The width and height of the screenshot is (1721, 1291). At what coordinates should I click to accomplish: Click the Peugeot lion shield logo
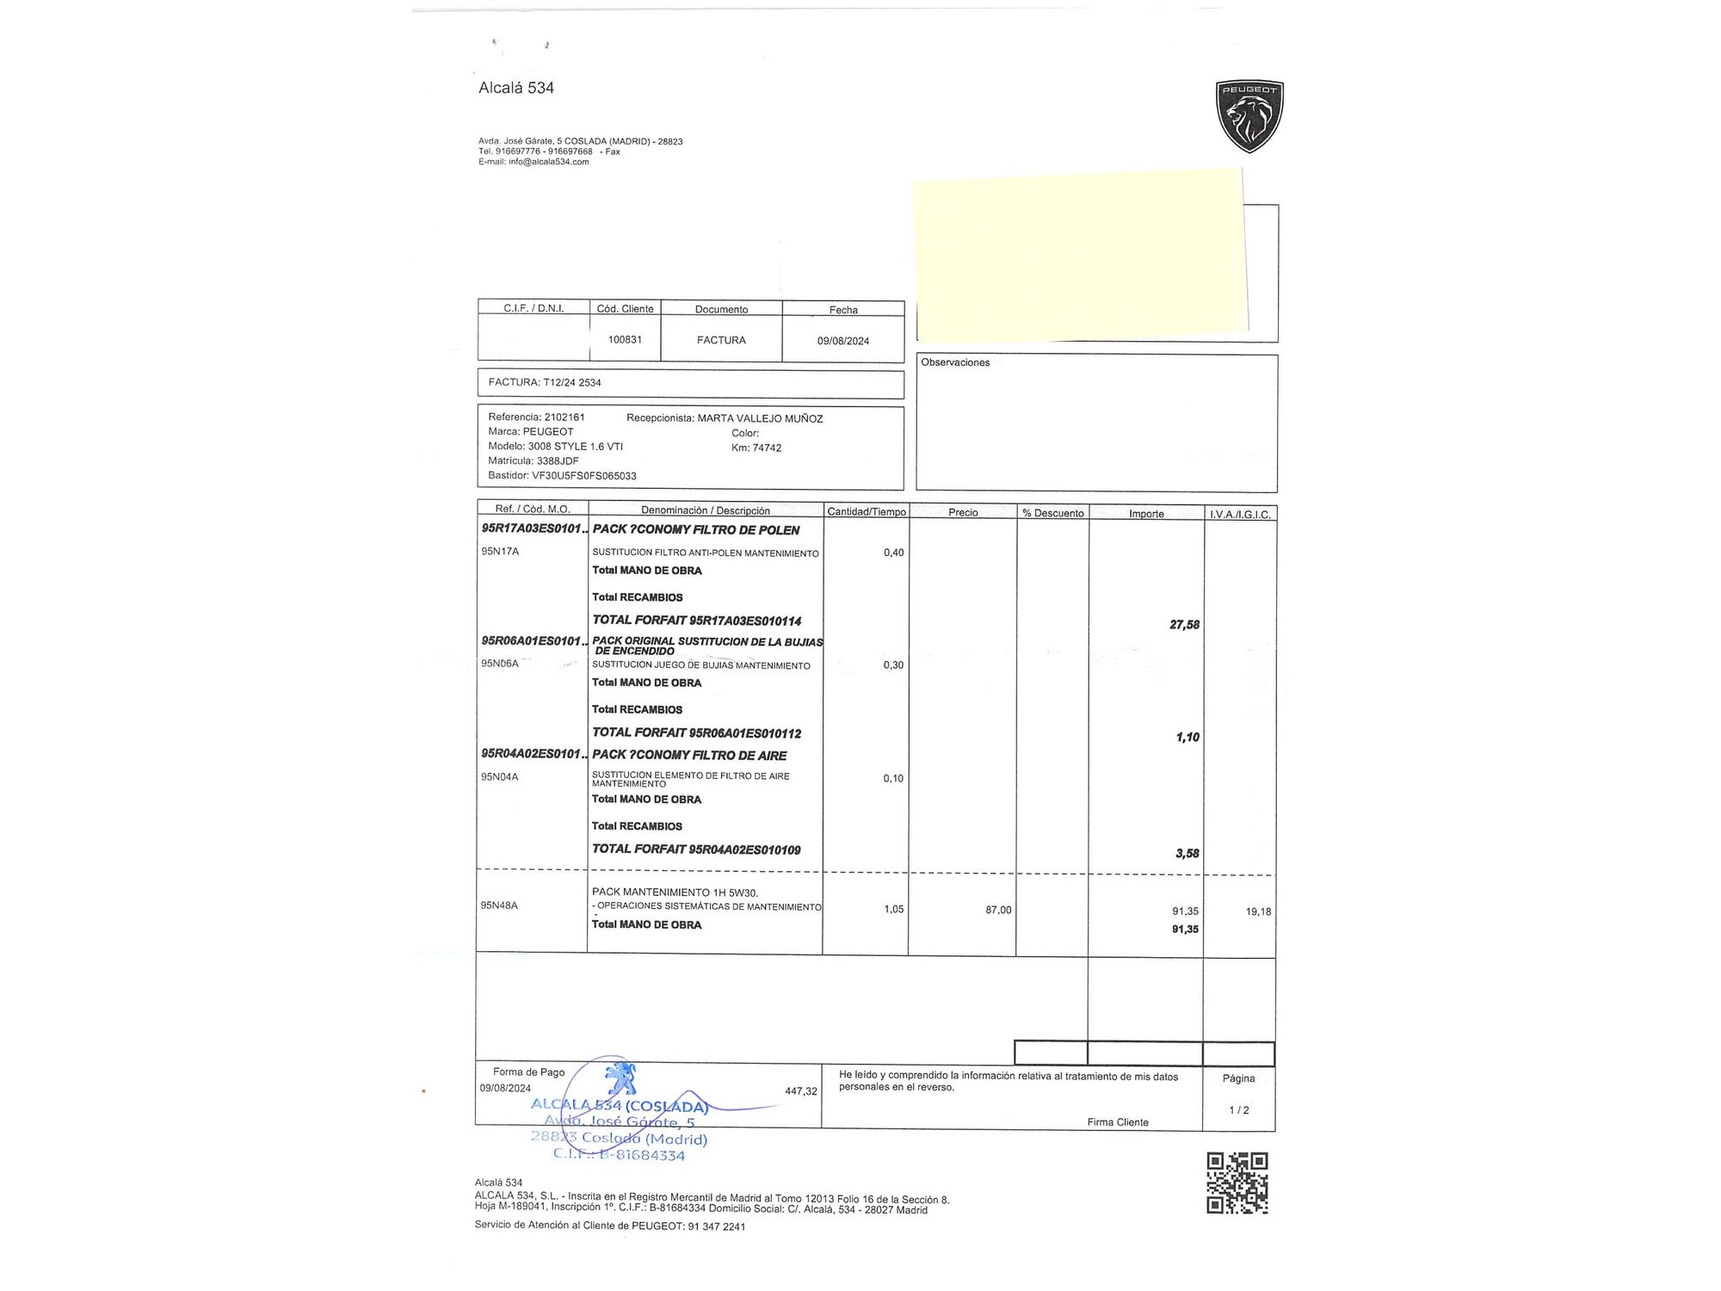tap(1249, 116)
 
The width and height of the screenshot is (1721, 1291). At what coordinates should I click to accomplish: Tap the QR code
tap(1237, 1183)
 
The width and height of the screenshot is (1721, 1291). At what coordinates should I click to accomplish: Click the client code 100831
tap(625, 340)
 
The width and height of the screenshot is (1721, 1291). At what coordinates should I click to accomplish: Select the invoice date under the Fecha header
tap(842, 341)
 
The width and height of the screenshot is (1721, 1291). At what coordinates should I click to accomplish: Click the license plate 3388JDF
tap(558, 460)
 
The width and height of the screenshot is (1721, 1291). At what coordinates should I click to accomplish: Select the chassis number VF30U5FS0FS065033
tap(583, 475)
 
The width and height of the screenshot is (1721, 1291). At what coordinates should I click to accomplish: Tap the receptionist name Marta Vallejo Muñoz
tap(760, 418)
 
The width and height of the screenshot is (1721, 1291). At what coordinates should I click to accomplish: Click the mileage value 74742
tap(767, 448)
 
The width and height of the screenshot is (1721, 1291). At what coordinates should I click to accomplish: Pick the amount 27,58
tap(1184, 625)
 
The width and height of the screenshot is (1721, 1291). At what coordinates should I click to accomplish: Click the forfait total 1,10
tap(1187, 738)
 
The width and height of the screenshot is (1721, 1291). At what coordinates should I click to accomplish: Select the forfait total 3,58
tap(1187, 854)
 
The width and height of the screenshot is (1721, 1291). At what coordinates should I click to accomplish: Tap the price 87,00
tap(998, 910)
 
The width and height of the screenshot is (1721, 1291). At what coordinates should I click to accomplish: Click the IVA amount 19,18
tap(1258, 911)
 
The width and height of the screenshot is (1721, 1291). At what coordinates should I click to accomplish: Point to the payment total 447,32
tap(801, 1091)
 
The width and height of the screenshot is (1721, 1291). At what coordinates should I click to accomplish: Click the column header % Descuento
tap(1052, 513)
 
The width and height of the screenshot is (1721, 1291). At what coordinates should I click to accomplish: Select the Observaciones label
tap(955, 362)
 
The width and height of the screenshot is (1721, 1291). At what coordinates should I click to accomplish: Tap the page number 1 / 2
tap(1238, 1110)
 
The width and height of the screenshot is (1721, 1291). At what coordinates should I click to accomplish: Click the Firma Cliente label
tap(1117, 1122)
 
